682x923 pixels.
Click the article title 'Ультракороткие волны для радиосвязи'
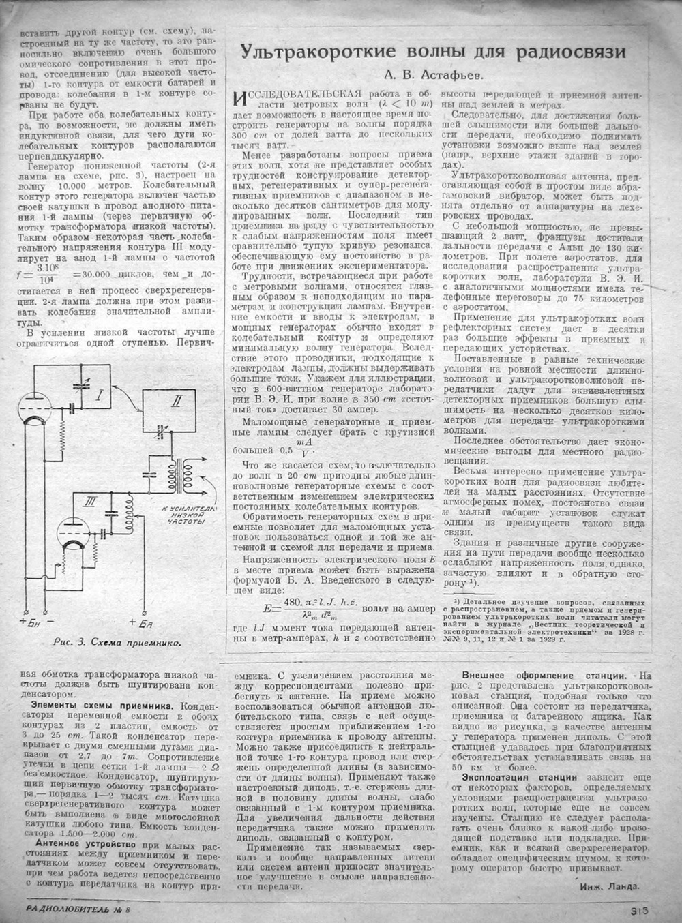pyautogui.click(x=434, y=52)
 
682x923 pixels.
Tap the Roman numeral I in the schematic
pyautogui.click(x=100, y=393)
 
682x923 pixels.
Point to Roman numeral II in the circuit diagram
pyautogui.click(x=176, y=403)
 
